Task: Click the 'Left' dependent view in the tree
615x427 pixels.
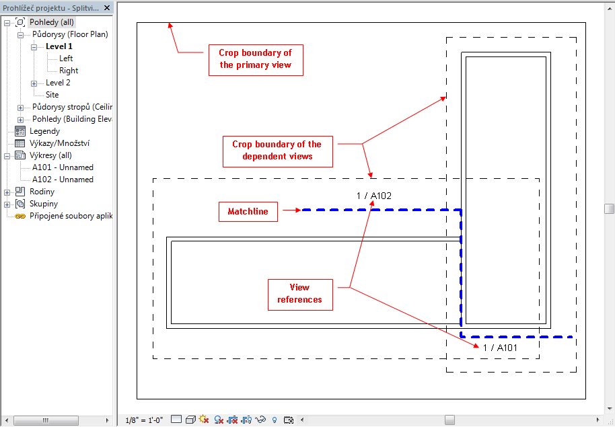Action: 66,59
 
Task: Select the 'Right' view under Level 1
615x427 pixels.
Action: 69,71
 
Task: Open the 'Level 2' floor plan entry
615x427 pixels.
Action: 58,83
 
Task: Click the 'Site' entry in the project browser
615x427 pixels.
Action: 52,95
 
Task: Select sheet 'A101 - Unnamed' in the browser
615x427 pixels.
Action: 63,167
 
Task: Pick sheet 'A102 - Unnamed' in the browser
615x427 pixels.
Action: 63,180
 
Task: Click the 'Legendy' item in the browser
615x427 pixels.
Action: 44,131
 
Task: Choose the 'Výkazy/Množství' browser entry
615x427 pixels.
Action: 60,143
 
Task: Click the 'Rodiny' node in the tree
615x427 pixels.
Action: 42,192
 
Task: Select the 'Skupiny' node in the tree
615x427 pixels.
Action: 44,204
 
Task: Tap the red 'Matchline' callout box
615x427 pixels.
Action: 248,212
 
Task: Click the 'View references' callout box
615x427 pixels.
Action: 301,295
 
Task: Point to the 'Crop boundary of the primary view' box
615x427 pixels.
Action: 256,60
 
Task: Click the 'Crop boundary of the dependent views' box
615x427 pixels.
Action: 278,152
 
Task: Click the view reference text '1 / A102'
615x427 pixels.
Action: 374,196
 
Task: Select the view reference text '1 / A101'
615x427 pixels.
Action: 500,348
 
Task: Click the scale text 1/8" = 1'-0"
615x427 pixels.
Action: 144,420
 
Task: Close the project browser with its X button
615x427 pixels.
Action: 107,8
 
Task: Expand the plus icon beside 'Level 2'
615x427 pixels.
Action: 34,83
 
